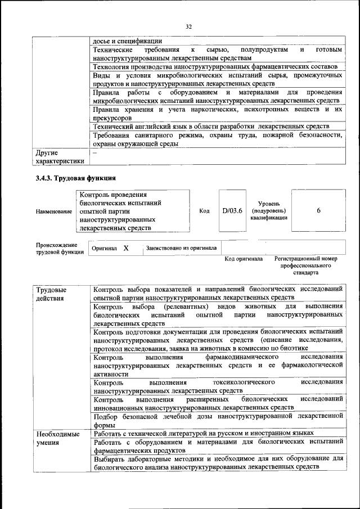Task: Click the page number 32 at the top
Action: [189, 25]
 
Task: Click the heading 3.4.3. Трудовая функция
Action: [75, 178]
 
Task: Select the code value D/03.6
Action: [232, 210]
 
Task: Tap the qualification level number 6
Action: [318, 210]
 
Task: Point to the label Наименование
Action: [54, 211]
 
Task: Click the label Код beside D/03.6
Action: [204, 211]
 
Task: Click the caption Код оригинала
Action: [244, 259]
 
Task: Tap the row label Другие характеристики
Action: [60, 157]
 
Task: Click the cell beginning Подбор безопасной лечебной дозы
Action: [218, 420]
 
